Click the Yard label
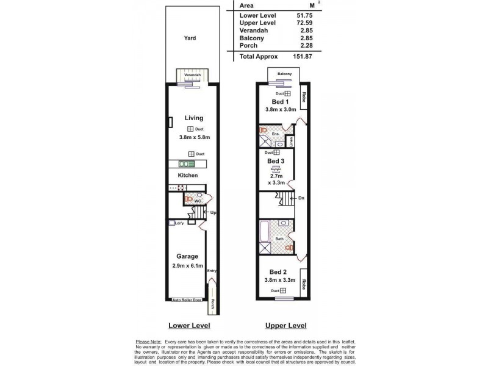pos(190,38)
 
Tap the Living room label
pos(192,118)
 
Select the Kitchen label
pos(188,175)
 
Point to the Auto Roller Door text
pos(187,300)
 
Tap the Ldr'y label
pos(179,223)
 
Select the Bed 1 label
pos(281,101)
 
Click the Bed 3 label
pos(276,161)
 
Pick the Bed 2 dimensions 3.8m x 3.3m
pos(281,281)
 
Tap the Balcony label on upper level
pos(284,74)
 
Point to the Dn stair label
pos(301,198)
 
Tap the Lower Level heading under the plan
pos(187,326)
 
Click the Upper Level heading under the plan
pos(287,326)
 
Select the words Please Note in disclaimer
pos(147,342)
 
